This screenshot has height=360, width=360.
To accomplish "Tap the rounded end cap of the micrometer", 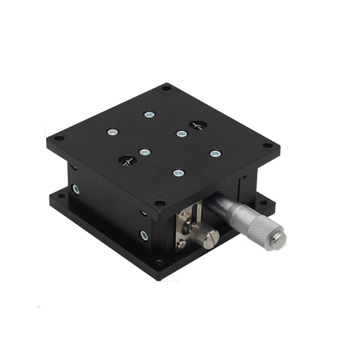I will [279, 240].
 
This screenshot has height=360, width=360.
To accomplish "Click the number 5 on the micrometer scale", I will [233, 221].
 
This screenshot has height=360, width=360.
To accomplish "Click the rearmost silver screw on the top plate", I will [148, 114].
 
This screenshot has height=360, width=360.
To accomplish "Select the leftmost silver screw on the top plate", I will [112, 132].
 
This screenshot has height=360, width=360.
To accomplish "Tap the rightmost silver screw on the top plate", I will [216, 153].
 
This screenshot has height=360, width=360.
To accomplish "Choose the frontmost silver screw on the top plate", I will [179, 172].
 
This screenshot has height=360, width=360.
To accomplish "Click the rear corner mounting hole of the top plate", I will [166, 88].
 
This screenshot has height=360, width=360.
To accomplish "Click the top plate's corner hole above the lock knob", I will [159, 203].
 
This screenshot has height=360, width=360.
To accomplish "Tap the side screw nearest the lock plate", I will [144, 234].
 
